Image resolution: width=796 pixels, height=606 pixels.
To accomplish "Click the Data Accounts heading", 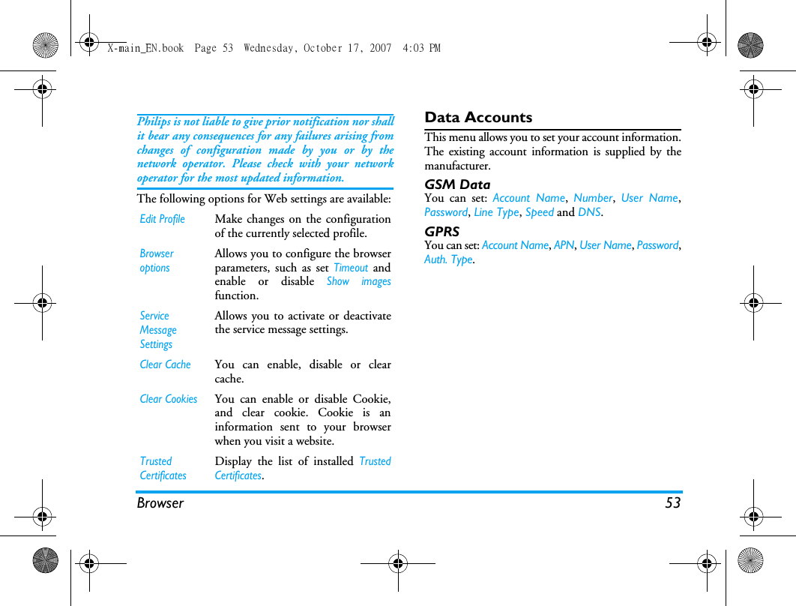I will tap(478, 118).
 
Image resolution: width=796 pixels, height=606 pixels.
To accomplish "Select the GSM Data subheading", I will tap(457, 184).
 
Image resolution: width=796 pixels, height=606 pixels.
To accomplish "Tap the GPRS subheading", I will tap(441, 232).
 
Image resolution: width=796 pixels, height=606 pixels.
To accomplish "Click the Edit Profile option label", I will tap(162, 219).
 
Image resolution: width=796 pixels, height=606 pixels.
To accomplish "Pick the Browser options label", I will tap(156, 260).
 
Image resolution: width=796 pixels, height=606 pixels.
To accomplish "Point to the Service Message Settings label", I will tap(158, 330).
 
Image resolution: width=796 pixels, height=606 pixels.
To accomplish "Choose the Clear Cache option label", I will tap(165, 364).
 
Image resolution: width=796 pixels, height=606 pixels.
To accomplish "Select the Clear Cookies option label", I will tap(169, 399).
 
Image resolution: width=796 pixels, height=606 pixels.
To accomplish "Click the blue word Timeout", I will tap(351, 268).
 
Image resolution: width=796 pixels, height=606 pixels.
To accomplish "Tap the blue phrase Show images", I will tap(358, 281).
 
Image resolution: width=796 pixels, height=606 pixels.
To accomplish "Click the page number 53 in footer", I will tap(672, 503).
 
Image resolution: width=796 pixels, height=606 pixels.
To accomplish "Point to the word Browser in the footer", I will tap(160, 503).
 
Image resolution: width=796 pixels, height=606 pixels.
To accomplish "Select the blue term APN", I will tap(564, 245).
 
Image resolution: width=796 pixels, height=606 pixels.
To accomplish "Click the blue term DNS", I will tap(589, 212).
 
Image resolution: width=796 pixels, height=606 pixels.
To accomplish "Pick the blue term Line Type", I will tap(496, 212).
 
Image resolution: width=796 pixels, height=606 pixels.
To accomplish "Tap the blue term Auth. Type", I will tap(448, 259).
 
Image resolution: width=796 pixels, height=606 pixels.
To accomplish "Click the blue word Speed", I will tap(540, 212).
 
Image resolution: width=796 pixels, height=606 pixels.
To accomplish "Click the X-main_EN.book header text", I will tap(145, 48).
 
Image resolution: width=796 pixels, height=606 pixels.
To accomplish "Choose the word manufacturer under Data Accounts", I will tap(456, 166).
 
